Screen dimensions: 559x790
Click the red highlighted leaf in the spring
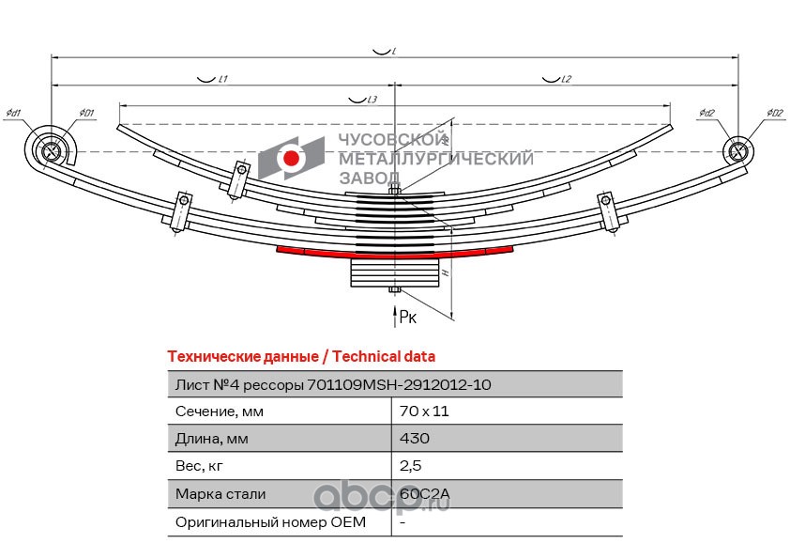(394, 253)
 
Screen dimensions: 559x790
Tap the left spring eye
(52, 149)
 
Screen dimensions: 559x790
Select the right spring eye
(737, 150)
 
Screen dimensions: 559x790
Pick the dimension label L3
(372, 100)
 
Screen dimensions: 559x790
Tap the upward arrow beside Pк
(395, 316)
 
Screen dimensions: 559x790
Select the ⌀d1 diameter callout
(13, 114)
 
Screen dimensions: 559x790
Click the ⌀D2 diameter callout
(774, 114)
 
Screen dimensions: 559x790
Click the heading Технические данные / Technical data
(300, 357)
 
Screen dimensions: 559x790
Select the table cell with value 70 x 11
(418, 411)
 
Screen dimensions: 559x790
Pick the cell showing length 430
(414, 439)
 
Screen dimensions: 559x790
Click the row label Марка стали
(220, 493)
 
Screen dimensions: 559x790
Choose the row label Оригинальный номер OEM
(270, 521)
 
